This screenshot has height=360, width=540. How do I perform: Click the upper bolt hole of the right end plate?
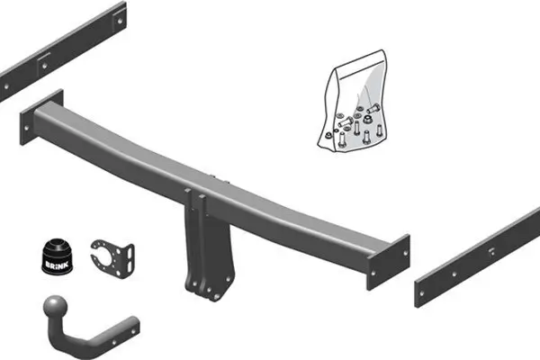coord(394,247)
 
